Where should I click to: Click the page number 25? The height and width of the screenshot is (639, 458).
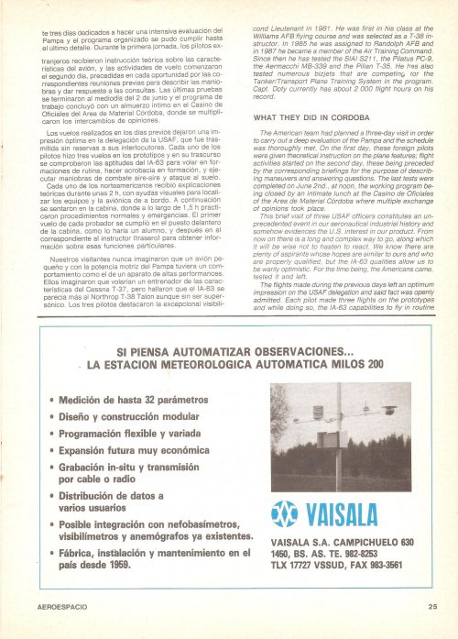pyautogui.click(x=431, y=604)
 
